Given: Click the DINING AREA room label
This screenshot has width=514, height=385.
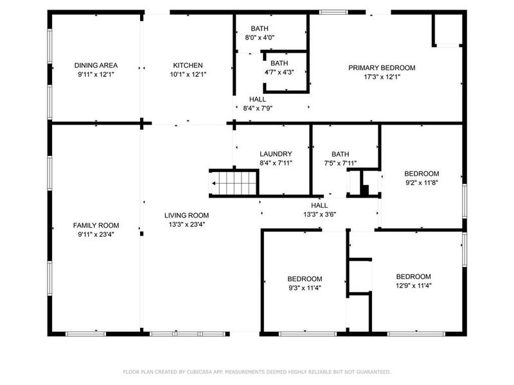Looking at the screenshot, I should [x=96, y=65].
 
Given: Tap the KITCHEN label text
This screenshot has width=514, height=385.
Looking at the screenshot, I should [x=188, y=65].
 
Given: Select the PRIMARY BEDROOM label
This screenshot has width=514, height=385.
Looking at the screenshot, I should [x=382, y=68].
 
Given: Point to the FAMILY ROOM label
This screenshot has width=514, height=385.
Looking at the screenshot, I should [x=96, y=225].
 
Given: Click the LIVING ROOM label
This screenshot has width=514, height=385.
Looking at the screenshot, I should [x=186, y=216].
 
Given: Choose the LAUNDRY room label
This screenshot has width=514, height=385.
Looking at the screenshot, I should [x=276, y=154].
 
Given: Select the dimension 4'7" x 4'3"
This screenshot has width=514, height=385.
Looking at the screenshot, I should [x=279, y=72].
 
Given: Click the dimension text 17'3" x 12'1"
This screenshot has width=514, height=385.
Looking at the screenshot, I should [x=382, y=77].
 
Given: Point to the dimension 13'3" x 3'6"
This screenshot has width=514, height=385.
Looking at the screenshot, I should [x=320, y=215].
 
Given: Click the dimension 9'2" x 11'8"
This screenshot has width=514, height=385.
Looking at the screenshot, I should [x=421, y=183].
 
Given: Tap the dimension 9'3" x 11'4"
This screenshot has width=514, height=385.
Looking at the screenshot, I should [x=305, y=287].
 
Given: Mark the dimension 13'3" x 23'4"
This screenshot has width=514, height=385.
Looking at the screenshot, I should [x=186, y=225].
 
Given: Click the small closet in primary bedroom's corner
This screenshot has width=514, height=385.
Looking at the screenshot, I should [x=447, y=29].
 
